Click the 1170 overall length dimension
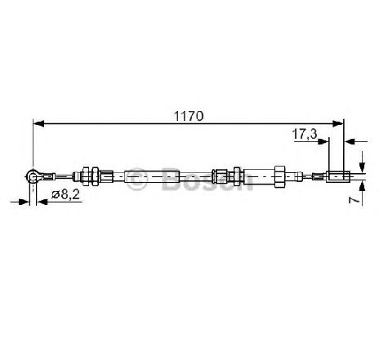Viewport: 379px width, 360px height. pyautogui.click(x=189, y=116)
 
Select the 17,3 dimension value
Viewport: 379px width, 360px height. pyautogui.click(x=305, y=134)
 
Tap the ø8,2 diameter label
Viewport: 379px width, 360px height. pyautogui.click(x=65, y=195)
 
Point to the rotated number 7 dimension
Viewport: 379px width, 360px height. pyautogui.click(x=353, y=200)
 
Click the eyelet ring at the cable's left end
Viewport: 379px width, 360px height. pyautogui.click(x=33, y=176)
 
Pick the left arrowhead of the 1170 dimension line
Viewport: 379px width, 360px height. pyautogui.click(x=38, y=123)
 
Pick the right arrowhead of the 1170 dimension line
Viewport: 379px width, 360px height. pyautogui.click(x=338, y=123)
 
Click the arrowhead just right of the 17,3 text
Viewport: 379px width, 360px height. pyautogui.click(x=323, y=141)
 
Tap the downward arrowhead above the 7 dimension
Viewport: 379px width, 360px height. pyautogui.click(x=362, y=167)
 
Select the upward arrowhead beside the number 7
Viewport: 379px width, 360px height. pyautogui.click(x=362, y=186)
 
